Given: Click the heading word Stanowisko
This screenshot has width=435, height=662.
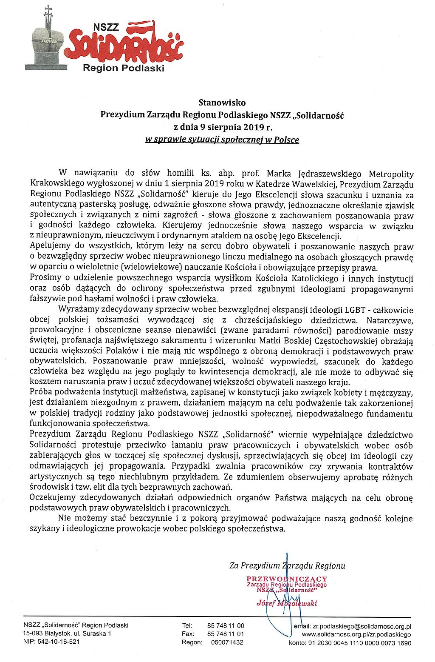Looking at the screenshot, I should coord(222,103).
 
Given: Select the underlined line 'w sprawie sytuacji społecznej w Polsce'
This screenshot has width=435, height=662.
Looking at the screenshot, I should coord(222,140).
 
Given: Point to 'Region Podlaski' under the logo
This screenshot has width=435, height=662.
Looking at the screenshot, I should coord(123,68).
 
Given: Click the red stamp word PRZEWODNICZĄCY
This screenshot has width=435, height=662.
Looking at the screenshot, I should coord(287,579).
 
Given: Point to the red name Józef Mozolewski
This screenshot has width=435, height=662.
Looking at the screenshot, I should coord(287,603).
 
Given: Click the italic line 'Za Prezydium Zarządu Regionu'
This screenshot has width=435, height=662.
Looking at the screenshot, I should coord(287,565).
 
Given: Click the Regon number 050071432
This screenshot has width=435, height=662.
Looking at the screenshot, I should coord(227,642).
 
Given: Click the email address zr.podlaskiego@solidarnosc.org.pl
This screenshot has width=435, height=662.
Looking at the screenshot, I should coord(362,627).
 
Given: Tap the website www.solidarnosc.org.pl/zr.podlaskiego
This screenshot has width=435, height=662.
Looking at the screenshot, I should coord(356,634).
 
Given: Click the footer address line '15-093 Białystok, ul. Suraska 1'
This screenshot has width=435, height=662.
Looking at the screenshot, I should coord(67,633).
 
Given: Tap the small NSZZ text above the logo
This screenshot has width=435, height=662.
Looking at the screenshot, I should coord(106,28).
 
